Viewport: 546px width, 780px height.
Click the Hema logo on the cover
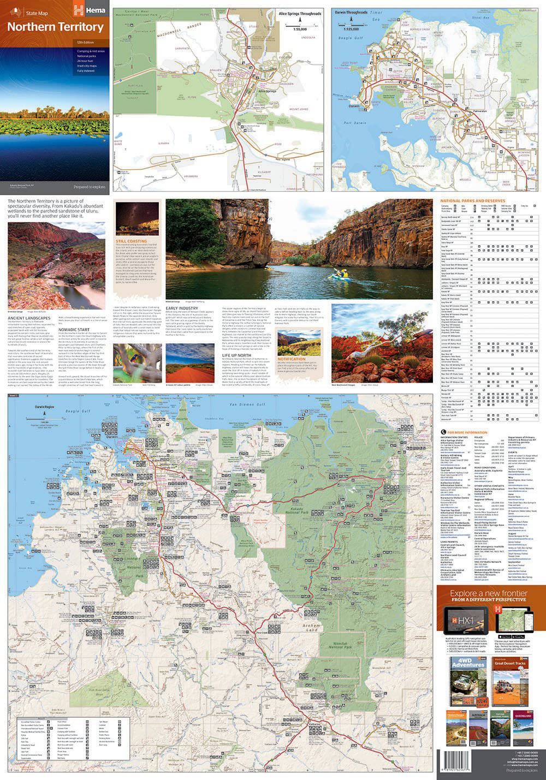tap(87, 7)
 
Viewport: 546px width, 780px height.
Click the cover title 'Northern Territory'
tap(55, 27)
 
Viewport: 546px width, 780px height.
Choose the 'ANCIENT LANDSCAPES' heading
tap(30, 318)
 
